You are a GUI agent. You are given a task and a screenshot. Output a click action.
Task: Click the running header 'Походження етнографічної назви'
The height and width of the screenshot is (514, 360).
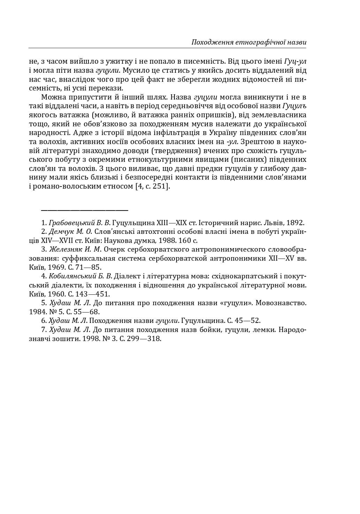coord(249,42)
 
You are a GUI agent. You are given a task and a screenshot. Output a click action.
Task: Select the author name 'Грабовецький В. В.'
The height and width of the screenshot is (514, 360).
coord(80,223)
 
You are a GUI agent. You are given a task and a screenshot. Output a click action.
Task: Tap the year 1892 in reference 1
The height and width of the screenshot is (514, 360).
coord(295,223)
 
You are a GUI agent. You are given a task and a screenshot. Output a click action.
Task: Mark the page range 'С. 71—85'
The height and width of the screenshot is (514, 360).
coord(85,267)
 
